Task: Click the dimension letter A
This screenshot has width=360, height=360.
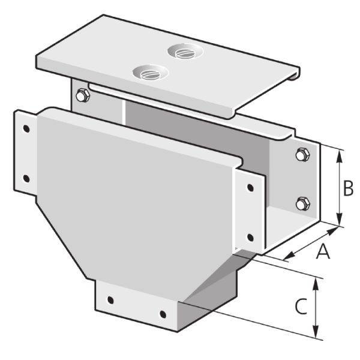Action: [323, 252]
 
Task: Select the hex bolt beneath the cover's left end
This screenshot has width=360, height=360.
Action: [82, 96]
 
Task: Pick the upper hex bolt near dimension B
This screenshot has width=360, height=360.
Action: [301, 155]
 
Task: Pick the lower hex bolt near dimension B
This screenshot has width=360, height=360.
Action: [301, 203]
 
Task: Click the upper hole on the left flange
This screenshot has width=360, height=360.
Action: [26, 128]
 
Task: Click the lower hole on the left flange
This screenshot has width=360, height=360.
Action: [26, 177]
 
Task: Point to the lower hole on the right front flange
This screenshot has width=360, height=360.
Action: [250, 235]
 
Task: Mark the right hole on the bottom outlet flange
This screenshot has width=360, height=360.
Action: [162, 313]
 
